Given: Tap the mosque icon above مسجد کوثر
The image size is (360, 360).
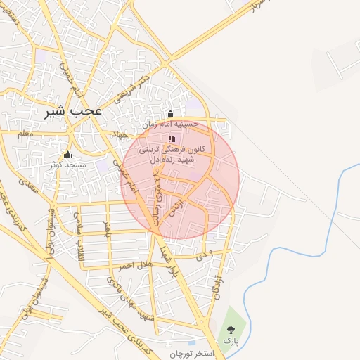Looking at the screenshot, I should (67, 155).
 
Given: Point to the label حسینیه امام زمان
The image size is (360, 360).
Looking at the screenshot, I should (171, 124).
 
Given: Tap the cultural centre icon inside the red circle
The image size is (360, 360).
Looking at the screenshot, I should (172, 139).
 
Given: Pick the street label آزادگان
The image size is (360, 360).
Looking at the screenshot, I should (221, 288).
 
